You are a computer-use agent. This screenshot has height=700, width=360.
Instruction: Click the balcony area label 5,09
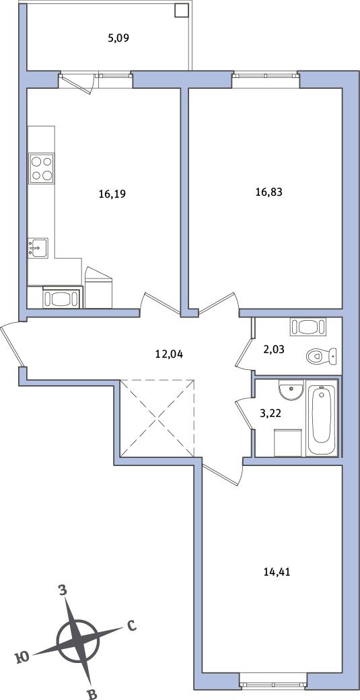click(118, 38)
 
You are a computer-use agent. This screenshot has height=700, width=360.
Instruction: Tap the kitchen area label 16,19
click(112, 194)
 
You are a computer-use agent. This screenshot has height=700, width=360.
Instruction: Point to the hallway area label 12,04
click(170, 354)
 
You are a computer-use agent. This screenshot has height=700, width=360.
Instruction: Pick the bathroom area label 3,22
click(271, 414)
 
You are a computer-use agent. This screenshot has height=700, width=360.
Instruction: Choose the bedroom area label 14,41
click(277, 572)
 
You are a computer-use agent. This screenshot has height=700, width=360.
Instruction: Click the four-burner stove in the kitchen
click(41, 168)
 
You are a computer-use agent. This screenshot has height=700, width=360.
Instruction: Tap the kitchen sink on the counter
click(38, 247)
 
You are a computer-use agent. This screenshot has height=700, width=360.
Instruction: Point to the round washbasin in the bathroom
click(291, 390)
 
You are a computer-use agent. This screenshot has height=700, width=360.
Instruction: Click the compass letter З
click(63, 590)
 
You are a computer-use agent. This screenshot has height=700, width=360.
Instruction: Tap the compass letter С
click(131, 626)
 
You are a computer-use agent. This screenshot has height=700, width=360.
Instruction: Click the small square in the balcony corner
click(180, 10)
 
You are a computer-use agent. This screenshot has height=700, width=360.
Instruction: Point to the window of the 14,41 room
click(273, 682)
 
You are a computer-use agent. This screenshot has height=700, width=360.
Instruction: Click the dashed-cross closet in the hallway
click(157, 418)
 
